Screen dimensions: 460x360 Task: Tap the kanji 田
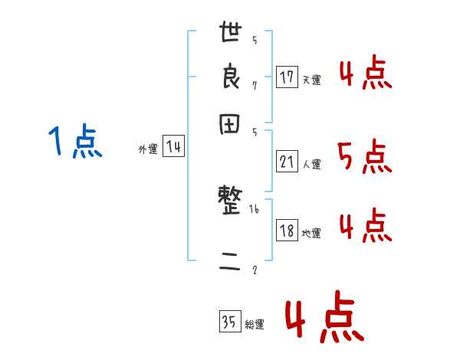click(x=231, y=126)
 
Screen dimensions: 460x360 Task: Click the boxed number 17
click(x=287, y=77)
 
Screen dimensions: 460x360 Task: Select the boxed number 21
click(x=287, y=161)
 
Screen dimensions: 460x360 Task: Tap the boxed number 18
click(x=287, y=231)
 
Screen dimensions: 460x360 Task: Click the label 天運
click(x=311, y=80)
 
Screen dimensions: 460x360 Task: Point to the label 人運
click(x=311, y=163)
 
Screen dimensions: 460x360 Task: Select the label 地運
click(x=311, y=234)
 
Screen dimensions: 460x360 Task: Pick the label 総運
click(x=255, y=325)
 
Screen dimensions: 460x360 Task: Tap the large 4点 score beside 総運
click(x=324, y=319)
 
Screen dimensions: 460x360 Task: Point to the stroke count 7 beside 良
click(x=255, y=85)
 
